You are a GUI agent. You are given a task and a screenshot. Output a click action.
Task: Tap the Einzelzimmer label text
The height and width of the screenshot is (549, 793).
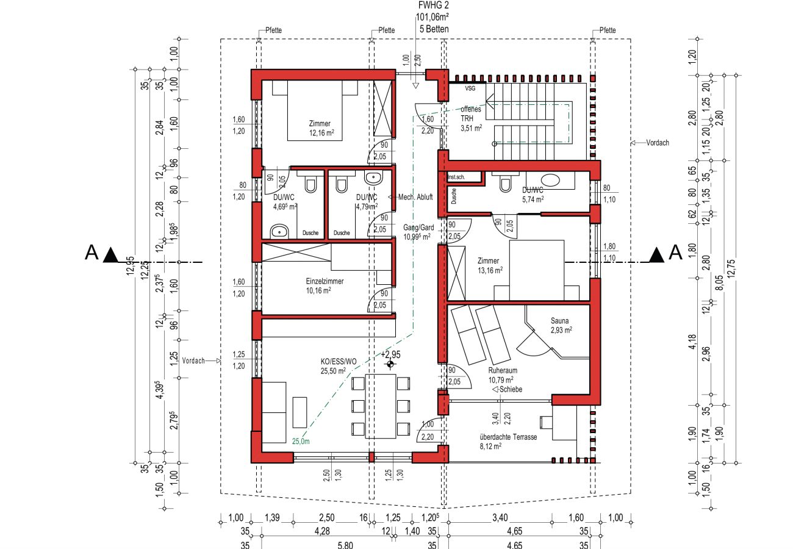coord(325,281)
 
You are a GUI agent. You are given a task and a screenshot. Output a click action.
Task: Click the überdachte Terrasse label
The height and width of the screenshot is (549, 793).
coord(508,437)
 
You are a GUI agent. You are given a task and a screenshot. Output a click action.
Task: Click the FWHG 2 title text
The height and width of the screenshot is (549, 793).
coord(432,6)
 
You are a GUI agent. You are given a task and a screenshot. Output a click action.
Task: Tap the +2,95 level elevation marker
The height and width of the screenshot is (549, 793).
coord(390,354)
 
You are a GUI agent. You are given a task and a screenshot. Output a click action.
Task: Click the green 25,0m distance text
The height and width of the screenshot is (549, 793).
coord(301,441)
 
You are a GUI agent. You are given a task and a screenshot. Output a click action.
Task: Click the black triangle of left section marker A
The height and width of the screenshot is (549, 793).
coord(111,254)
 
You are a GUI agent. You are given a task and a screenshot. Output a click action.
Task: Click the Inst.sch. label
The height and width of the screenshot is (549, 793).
coord(457,177)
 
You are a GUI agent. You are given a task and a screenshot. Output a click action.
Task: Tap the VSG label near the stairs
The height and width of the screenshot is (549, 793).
coord(470,88)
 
